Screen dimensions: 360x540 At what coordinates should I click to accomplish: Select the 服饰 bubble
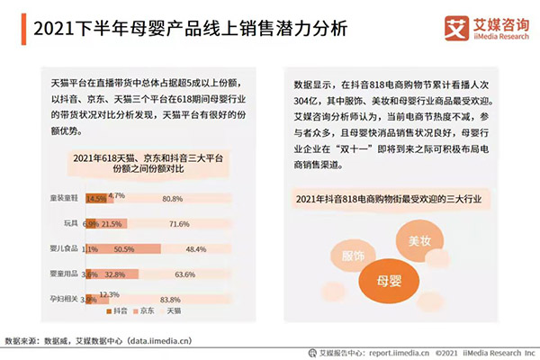354,254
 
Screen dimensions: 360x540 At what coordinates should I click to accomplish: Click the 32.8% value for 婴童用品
113,274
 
